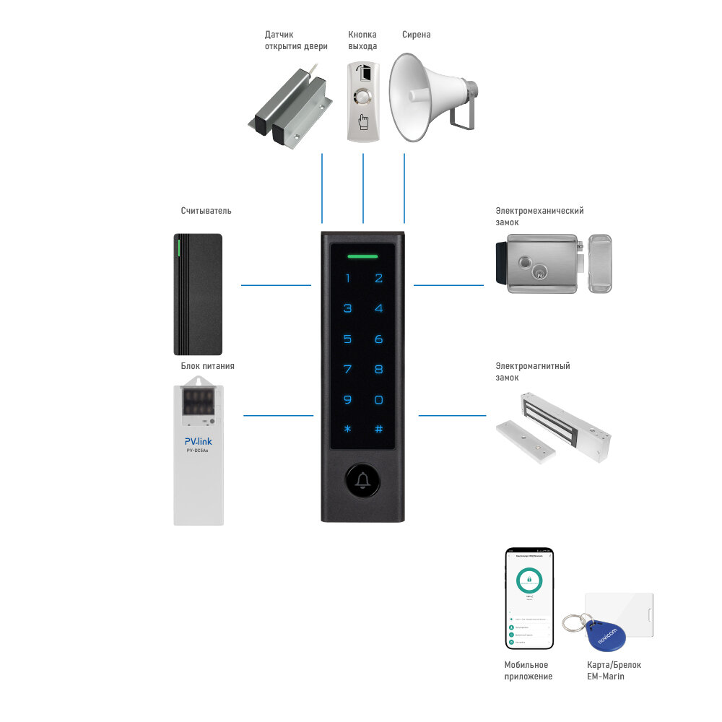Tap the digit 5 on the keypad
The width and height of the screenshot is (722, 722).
(x=347, y=339)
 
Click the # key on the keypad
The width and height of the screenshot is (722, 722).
(x=378, y=429)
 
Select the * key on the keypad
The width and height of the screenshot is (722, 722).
(x=347, y=429)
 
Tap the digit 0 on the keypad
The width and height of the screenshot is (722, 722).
(x=378, y=399)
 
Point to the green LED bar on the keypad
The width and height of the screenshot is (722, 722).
(x=362, y=256)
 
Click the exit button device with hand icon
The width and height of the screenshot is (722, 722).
(x=362, y=101)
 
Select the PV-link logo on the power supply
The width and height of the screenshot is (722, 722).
(x=198, y=440)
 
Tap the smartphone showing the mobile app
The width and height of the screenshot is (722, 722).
(x=529, y=598)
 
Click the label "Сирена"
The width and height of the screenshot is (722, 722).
(x=416, y=35)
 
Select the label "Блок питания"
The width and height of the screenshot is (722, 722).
(x=207, y=366)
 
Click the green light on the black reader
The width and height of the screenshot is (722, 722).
(x=178, y=249)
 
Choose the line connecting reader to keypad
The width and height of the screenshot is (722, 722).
(x=276, y=285)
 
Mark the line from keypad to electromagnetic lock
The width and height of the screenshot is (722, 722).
(x=452, y=415)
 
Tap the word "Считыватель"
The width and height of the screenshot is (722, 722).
(x=206, y=211)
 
